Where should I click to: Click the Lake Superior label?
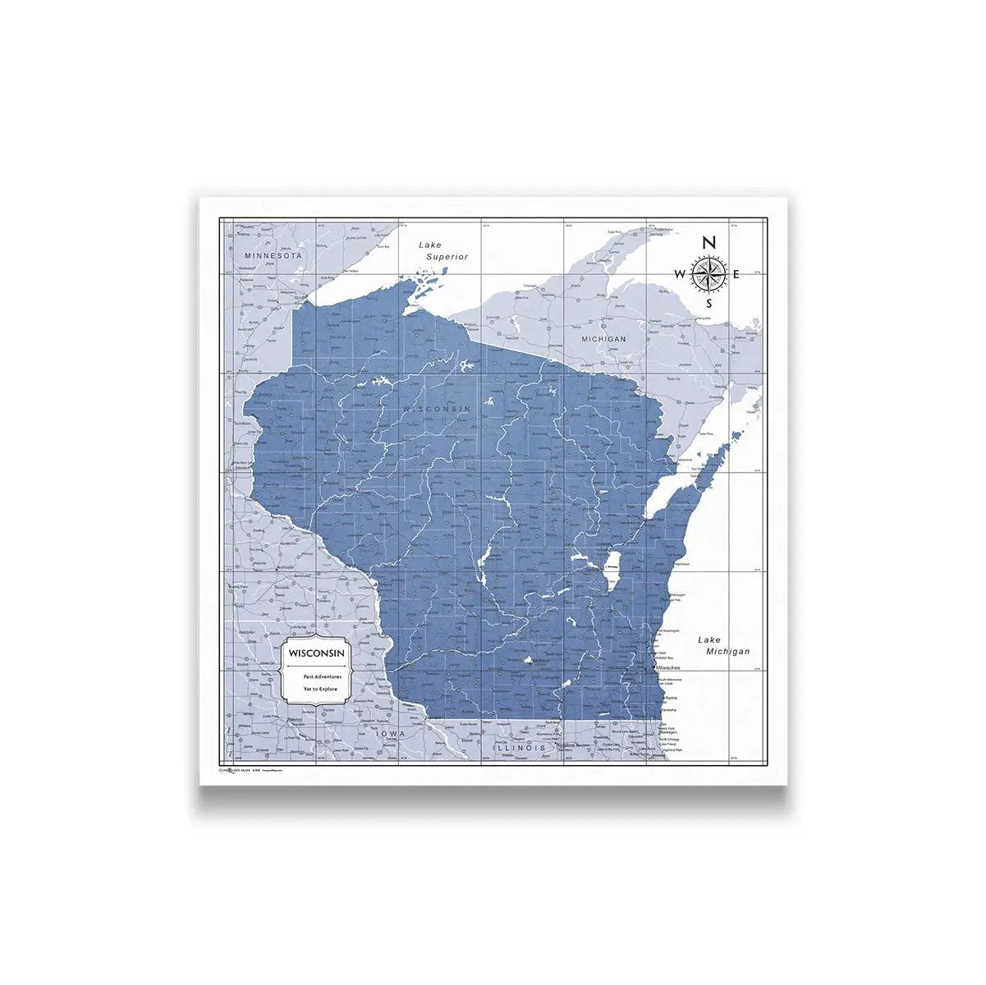(443, 250)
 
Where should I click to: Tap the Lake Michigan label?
(723, 645)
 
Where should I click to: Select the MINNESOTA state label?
(274, 256)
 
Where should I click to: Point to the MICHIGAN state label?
(603, 338)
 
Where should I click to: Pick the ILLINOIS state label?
(519, 749)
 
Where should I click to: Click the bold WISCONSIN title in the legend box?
(316, 653)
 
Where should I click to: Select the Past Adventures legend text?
(316, 676)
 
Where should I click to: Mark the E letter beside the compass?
(737, 274)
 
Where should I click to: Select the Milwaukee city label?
(668, 668)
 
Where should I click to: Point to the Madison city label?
(541, 660)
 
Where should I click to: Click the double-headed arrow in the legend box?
(316, 664)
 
